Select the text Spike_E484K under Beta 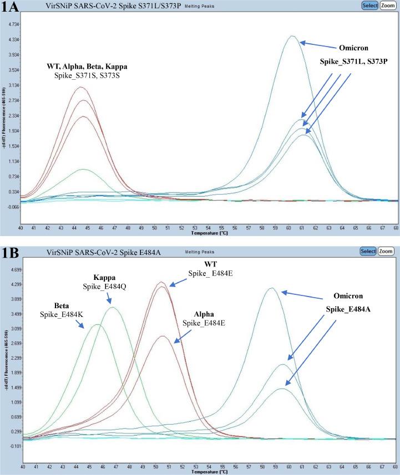60,315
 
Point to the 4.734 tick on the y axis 11,24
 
